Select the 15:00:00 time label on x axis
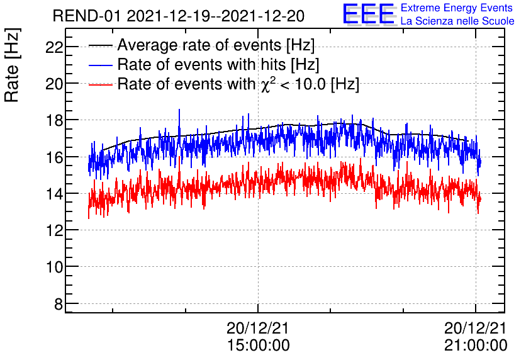click(258, 345)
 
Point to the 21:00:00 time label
click(476, 345)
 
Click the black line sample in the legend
click(101, 46)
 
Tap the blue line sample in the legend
click(101, 65)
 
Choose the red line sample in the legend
click(101, 84)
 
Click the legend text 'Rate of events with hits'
click(217, 65)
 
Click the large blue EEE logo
click(369, 14)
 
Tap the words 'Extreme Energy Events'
click(457, 8)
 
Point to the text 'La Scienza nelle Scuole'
click(457, 21)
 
